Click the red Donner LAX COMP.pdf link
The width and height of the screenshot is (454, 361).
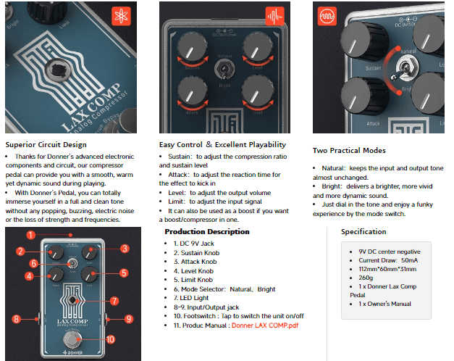pos(265,325)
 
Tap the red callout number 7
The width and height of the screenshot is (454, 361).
pos(114,301)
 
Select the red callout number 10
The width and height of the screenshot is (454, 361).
pos(110,339)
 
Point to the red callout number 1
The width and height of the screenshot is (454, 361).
pos(30,235)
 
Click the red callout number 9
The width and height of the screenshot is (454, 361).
pos(129,319)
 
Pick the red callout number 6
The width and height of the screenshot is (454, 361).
pos(33,263)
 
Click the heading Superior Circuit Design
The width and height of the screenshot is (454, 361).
pos(46,144)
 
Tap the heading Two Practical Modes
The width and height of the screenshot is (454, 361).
pos(349,150)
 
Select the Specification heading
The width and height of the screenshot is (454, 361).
pos(363,231)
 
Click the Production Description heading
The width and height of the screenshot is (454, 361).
pos(207,231)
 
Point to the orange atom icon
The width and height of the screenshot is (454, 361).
pos(121,16)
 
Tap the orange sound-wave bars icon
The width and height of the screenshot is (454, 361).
pos(274,16)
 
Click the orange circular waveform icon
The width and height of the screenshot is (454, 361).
pos(327,16)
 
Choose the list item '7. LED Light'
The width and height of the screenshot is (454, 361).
pos(191,298)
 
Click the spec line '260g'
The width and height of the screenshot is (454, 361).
pos(366,278)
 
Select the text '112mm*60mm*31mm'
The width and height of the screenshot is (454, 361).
pos(387,269)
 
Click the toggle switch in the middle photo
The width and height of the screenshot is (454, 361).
pos(224,70)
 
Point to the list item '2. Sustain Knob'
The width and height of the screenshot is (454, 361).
pos(197,253)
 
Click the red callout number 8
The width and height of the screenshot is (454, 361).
pos(16,319)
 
